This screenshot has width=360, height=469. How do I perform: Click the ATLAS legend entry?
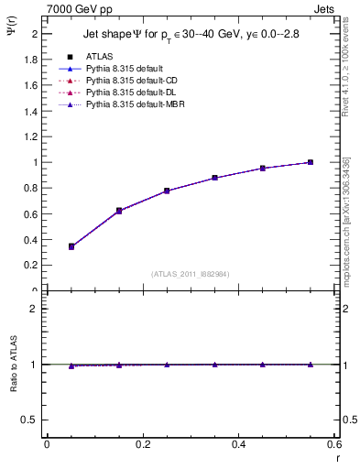99,56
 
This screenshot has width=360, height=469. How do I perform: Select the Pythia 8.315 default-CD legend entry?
127,81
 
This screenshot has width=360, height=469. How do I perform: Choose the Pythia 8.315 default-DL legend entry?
127,93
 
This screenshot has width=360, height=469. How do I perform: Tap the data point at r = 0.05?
71,246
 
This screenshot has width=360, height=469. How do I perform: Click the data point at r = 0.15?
119,211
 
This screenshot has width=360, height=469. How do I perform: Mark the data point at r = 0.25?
167,191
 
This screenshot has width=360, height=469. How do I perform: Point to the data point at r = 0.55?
311,162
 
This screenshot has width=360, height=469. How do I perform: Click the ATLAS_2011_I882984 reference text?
190,273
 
